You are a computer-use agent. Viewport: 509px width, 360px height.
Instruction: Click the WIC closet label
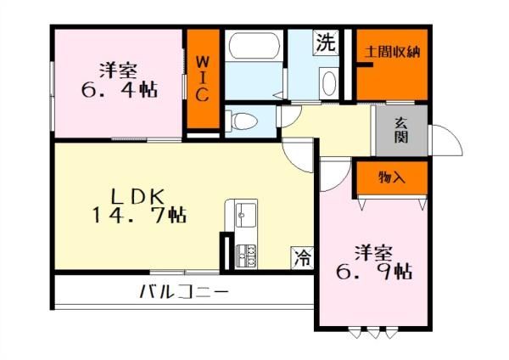[x=203, y=79]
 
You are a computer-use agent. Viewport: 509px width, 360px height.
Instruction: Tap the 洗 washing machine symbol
[x=326, y=42]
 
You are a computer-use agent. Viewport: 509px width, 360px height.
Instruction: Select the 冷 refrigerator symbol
[x=302, y=258]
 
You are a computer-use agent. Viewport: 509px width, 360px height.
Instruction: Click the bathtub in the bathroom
[x=255, y=46]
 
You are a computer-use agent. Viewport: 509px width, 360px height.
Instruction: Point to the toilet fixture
[x=242, y=121]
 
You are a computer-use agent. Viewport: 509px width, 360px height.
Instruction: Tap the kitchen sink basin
[x=246, y=214]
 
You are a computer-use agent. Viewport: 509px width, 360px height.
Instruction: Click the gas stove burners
[x=246, y=256]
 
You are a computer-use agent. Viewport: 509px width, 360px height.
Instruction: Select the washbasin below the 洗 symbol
[x=329, y=83]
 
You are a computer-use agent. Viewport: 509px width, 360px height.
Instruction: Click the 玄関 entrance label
[x=401, y=131]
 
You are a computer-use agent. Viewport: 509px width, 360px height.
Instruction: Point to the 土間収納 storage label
[x=393, y=52]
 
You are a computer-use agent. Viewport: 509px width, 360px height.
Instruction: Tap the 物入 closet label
[x=392, y=177]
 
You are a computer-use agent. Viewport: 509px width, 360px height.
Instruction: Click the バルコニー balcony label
[x=184, y=292]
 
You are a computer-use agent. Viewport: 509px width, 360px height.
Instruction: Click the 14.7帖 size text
[x=140, y=216]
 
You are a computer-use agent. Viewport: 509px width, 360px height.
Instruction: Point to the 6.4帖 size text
[x=120, y=90]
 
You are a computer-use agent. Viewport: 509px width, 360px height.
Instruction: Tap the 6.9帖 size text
[x=374, y=272]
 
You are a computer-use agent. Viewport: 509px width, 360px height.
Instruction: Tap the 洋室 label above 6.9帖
[x=373, y=253]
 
